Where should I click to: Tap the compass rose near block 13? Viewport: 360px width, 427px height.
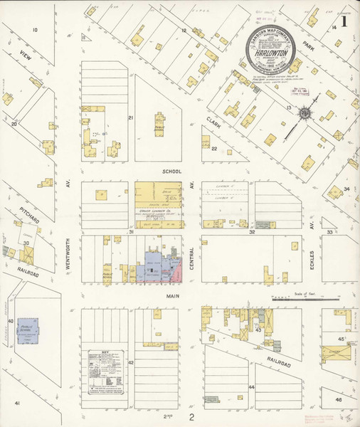point(305,113)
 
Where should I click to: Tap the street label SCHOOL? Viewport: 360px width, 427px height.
point(171,172)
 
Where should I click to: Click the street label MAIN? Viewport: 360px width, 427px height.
point(174,295)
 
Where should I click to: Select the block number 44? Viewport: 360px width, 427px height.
point(251,387)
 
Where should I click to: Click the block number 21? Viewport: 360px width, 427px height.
point(130,117)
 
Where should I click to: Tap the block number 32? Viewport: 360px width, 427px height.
point(251,232)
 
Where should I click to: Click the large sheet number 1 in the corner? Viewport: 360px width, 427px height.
point(344,21)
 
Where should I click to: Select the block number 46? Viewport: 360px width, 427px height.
point(339,401)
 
